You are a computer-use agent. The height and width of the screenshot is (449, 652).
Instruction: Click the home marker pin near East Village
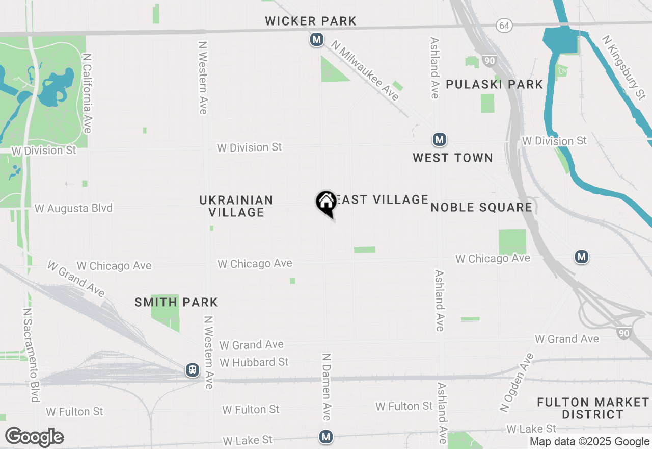pos(325,203)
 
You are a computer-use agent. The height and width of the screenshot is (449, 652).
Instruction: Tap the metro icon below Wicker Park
pos(317,39)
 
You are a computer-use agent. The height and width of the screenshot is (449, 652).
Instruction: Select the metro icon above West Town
pos(440,139)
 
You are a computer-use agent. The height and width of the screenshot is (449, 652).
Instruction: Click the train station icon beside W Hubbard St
pos(193,370)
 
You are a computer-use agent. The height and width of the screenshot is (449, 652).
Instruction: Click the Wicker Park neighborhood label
pos(311,21)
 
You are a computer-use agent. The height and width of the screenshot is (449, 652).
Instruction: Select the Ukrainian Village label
pos(236,206)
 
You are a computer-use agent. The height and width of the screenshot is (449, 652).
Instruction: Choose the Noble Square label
pos(481,207)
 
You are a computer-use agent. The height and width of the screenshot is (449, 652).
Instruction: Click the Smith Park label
pos(176,302)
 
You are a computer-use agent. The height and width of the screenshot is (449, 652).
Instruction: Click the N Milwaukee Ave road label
pos(365,70)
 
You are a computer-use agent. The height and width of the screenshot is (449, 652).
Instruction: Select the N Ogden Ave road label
pos(517,382)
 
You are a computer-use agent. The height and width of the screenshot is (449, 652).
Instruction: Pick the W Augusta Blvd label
pos(73,208)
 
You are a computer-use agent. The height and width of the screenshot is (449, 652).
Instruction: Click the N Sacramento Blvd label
pos(31,355)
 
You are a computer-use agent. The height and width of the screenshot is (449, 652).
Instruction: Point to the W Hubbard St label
pos(254,362)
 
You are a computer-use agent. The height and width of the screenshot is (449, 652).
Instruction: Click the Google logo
pos(34,437)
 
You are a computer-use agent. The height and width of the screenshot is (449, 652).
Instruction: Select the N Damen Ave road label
pos(327,387)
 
